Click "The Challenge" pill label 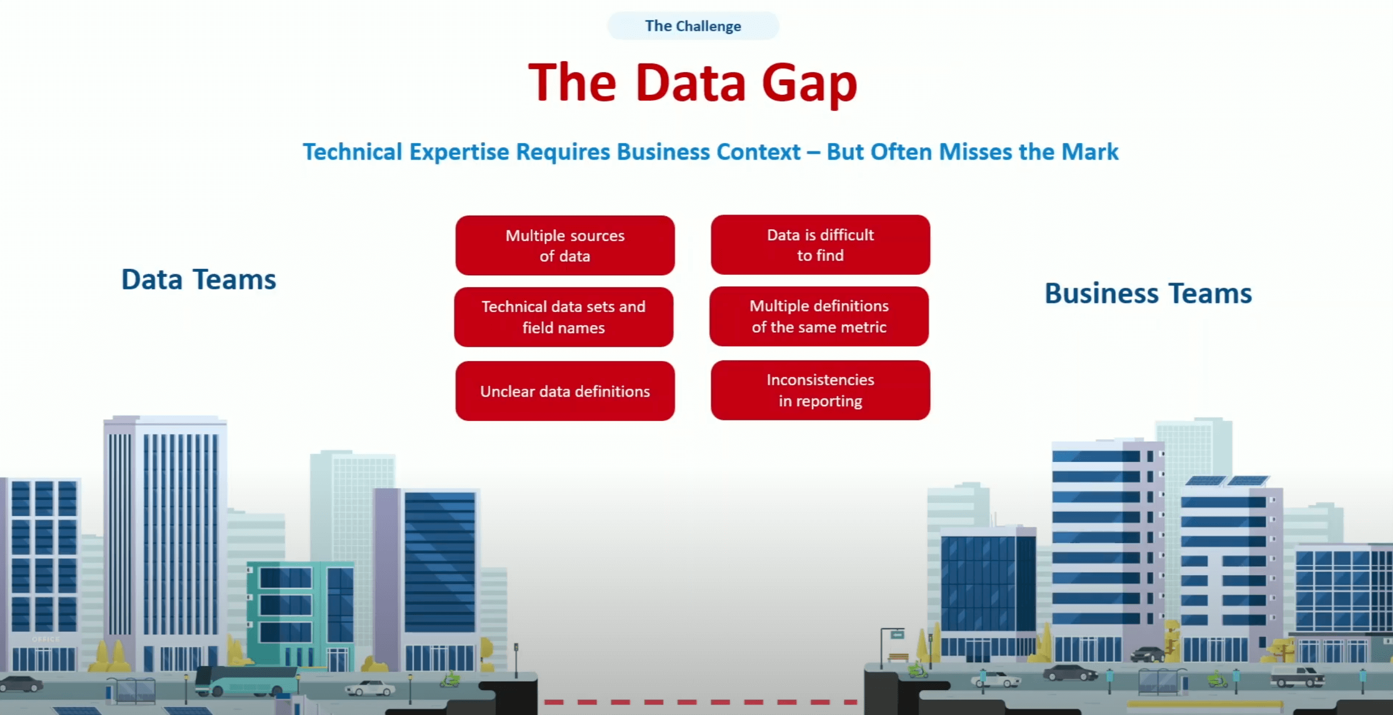click(693, 26)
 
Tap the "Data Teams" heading click(199, 280)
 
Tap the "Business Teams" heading click(1148, 293)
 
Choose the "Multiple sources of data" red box click(565, 246)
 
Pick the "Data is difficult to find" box click(820, 245)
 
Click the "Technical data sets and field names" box click(564, 317)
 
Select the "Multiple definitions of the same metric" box click(819, 317)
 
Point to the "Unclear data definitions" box click(565, 391)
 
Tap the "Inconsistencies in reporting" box click(820, 390)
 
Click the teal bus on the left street click(247, 682)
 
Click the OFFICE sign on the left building click(45, 639)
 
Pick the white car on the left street click(371, 688)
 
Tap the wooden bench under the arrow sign click(898, 657)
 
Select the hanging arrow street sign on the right click(897, 635)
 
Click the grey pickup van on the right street click(1297, 676)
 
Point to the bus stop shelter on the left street click(132, 689)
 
